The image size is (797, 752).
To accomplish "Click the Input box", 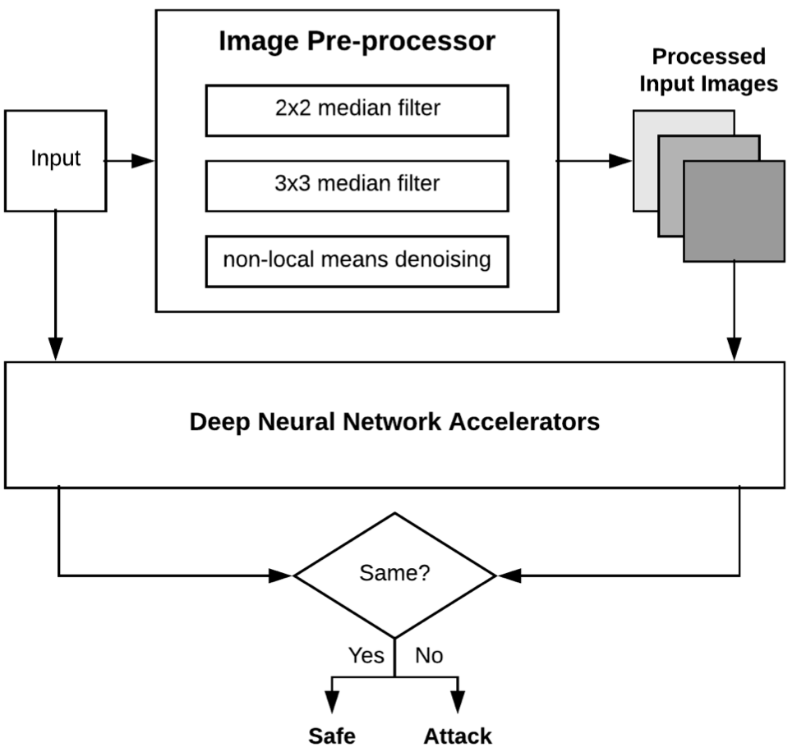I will pos(56,158).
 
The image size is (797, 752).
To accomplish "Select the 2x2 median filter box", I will pos(357,110).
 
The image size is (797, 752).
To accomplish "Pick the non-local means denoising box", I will pos(357,262).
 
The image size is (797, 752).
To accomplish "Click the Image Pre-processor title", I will pos(357,41).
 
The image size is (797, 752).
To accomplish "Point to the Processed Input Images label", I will pos(709,71).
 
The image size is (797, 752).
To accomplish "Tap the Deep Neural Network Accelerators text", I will pos(394,423).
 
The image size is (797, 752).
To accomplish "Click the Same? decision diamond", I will pos(395,574).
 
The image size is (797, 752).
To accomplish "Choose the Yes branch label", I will pos(366,655).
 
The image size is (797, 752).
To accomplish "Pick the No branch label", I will pos(428,655).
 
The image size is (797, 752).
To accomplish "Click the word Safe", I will pos(332,736).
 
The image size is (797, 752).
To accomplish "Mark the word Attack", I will pos(458,736).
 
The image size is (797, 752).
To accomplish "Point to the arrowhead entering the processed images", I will pos(620,161).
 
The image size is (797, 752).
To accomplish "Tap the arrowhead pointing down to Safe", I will pos(332,703).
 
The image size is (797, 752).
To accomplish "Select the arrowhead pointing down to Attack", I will pos(458,703).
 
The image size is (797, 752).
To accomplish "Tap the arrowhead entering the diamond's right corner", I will pos(505,575).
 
